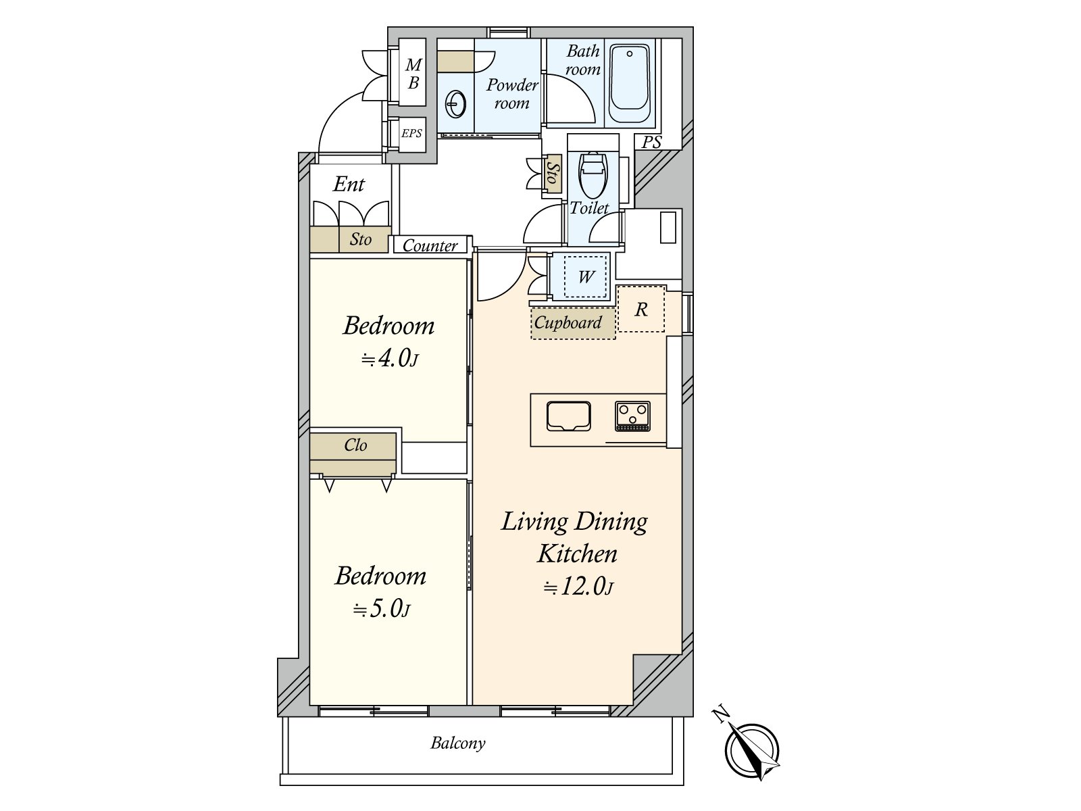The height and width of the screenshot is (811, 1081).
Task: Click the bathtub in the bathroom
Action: pos(630,83)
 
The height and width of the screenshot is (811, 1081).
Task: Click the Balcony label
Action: pos(458,743)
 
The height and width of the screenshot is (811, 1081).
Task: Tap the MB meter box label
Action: pos(413,74)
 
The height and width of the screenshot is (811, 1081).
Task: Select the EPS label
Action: pos(411,133)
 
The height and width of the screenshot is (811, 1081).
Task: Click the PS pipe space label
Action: pos(651,142)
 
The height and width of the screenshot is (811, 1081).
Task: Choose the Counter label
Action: pos(430,245)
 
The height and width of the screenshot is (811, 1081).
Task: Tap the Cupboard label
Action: pos(568,322)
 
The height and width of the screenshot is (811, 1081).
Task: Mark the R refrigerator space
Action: pos(640,310)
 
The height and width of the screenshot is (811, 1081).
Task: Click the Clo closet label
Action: pos(355,445)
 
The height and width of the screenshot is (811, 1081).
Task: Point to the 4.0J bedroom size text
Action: pos(390,359)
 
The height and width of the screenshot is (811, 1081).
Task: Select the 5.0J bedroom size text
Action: pos(381,609)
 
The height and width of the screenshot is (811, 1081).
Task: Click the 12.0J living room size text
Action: pos(578,586)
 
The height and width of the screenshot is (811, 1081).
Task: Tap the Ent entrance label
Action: pos(349,184)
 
